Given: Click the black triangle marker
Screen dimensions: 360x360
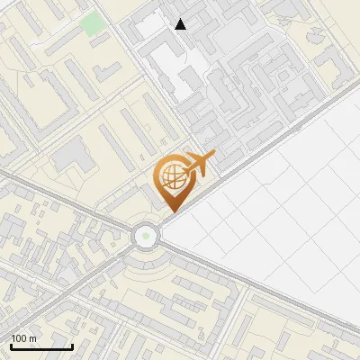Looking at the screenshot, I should pyautogui.click(x=181, y=24).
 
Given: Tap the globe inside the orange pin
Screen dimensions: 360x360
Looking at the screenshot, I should pyautogui.click(x=171, y=178).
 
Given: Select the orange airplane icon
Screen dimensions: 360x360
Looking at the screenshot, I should pyautogui.click(x=199, y=165).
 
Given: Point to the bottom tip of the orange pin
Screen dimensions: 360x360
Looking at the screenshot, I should pyautogui.click(x=171, y=212).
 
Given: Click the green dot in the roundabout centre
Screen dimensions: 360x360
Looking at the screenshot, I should pyautogui.click(x=145, y=237).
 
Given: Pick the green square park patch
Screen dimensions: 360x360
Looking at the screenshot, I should pyautogui.click(x=93, y=23).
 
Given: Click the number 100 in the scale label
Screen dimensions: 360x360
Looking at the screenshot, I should pyautogui.click(x=18, y=338).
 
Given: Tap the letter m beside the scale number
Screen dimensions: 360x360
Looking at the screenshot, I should pyautogui.click(x=32, y=338).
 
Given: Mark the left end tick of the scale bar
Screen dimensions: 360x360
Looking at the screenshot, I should pyautogui.click(x=11, y=346).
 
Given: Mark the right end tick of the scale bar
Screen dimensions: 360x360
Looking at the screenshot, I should pyautogui.click(x=72, y=346).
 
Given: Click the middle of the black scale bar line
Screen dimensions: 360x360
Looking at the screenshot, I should pyautogui.click(x=41, y=347).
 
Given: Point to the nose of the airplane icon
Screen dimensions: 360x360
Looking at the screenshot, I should pyautogui.click(x=215, y=157).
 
